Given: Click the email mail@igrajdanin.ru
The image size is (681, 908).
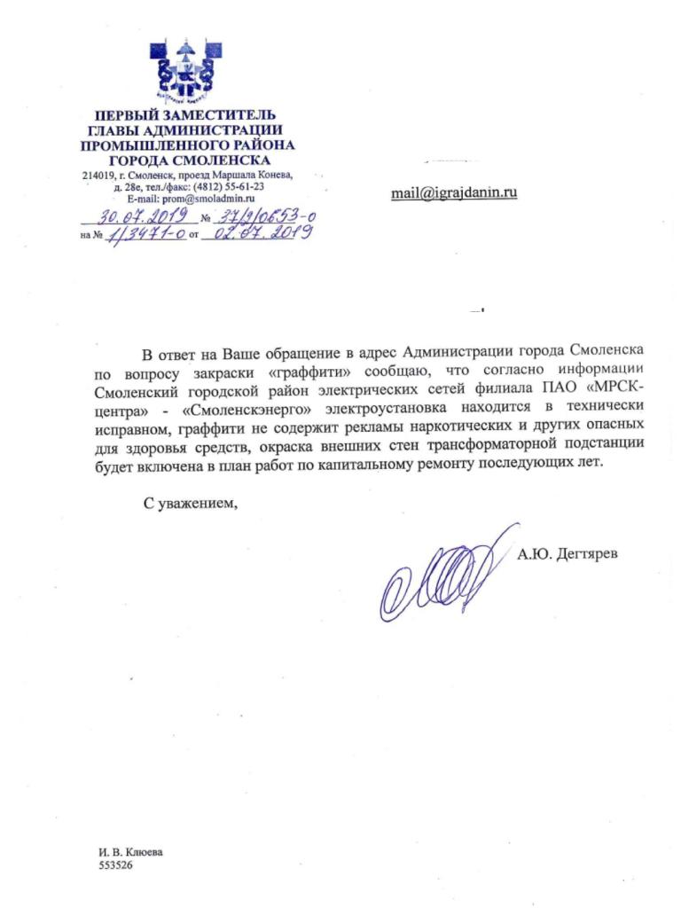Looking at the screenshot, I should tap(453, 193).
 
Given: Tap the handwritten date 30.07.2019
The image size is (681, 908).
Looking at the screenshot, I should tap(138, 216).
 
